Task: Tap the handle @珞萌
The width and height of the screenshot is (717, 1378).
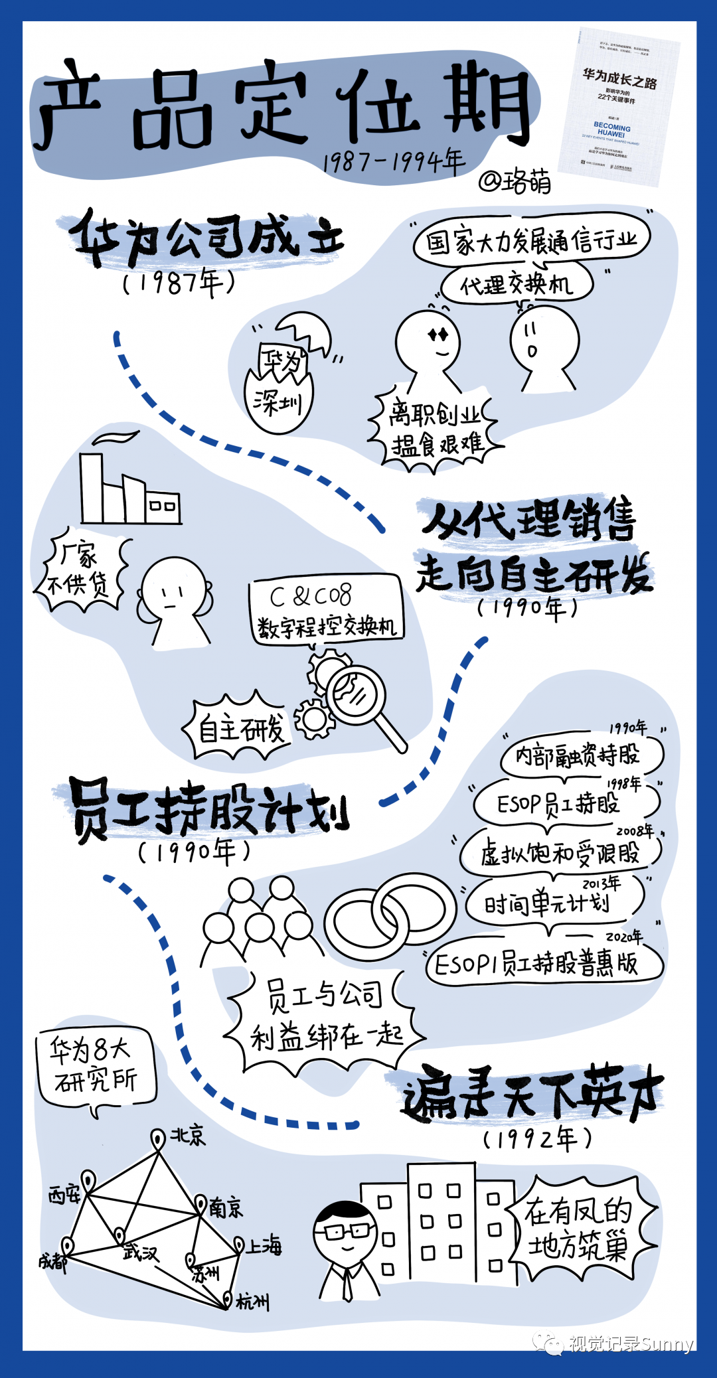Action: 515,181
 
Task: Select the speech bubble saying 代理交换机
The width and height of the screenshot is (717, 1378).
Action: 517,284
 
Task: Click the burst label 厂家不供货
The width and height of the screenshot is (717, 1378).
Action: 80,572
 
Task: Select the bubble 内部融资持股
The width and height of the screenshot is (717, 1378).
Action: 578,755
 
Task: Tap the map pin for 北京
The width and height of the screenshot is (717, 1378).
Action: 158,1139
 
